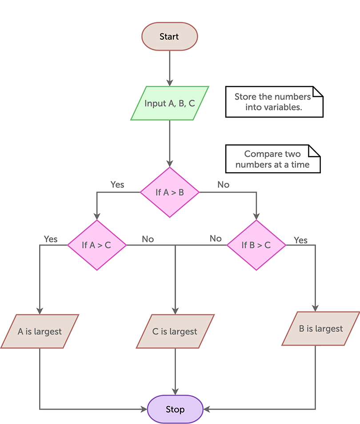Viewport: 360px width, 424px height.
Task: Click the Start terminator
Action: pos(169,36)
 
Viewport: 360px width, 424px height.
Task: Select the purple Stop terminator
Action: pos(175,409)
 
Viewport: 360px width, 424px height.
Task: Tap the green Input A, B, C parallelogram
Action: pos(169,103)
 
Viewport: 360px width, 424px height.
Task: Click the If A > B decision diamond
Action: pos(169,193)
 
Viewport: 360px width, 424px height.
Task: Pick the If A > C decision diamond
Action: pos(97,245)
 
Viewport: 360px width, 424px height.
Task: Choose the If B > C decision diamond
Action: pos(256,245)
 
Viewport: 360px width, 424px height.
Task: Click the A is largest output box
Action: pos(40,331)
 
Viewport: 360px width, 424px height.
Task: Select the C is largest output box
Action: pos(175,331)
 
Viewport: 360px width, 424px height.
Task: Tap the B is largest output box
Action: pos(320,329)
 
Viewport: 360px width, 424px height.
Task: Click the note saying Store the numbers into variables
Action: pos(274,102)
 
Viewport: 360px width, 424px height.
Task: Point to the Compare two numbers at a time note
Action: pos(272,159)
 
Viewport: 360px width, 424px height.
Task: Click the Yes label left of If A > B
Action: pos(117,184)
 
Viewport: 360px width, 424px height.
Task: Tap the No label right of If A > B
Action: pos(223,184)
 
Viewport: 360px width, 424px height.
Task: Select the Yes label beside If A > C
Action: pos(51,239)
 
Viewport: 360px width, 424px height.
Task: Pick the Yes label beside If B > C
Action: pos(300,240)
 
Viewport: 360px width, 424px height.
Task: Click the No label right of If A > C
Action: pos(148,239)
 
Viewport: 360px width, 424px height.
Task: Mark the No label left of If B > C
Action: pos(216,238)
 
